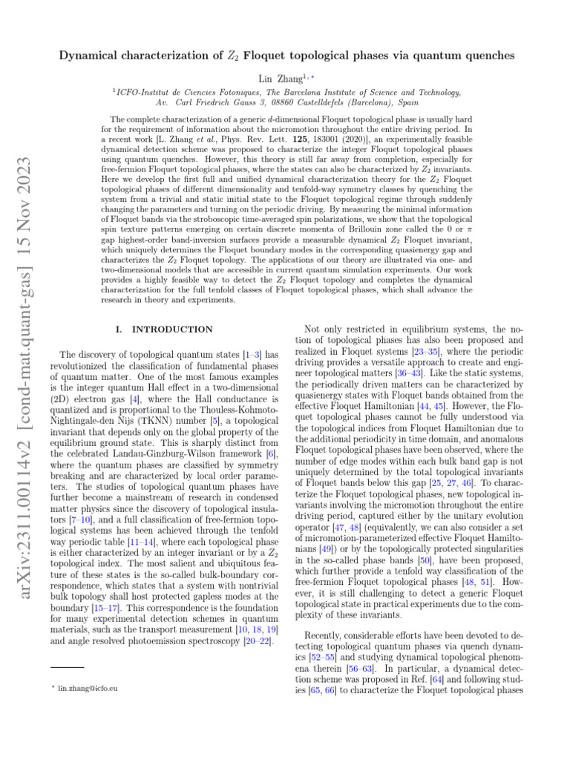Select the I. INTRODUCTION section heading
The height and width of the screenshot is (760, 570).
click(x=166, y=329)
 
